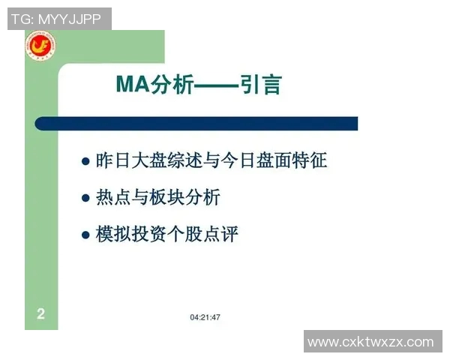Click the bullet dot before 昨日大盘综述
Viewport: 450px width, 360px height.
pyautogui.click(x=85, y=161)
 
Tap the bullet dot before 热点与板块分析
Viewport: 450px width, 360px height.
pyautogui.click(x=85, y=199)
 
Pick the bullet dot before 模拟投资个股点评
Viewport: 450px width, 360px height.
pyautogui.click(x=85, y=235)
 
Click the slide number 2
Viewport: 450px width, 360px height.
pyautogui.click(x=40, y=313)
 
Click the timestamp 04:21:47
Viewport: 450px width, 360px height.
pyautogui.click(x=205, y=317)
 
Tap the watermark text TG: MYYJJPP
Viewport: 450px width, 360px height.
pyautogui.click(x=55, y=19)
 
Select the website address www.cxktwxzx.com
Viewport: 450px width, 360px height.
pyautogui.click(x=370, y=342)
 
